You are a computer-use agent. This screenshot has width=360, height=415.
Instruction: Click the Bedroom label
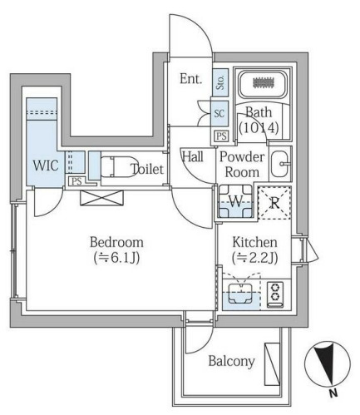[x=116, y=242]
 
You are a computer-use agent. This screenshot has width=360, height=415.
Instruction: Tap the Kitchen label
[x=254, y=242]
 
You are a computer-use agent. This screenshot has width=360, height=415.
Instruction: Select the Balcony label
[x=231, y=361]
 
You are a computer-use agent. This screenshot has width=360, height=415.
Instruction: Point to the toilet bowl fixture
[x=120, y=167]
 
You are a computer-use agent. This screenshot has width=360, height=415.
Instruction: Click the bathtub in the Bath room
[x=263, y=83]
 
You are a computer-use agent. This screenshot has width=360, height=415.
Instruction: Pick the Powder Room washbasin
[x=280, y=164]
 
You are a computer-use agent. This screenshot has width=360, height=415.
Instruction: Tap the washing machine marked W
[x=235, y=201]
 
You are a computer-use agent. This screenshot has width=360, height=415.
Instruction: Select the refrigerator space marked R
[x=274, y=203]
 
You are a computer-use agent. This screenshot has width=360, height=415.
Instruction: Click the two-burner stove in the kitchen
[x=275, y=294]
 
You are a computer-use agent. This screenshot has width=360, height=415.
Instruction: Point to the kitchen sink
[x=240, y=294]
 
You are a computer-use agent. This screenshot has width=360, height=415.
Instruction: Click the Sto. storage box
[x=220, y=82]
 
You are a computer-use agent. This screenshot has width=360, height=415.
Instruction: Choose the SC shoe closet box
[x=219, y=113]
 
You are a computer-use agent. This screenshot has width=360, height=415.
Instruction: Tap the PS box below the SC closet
[x=221, y=136]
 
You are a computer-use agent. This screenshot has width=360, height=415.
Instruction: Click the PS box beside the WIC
[x=76, y=181]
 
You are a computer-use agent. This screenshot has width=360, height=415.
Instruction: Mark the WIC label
[x=46, y=166]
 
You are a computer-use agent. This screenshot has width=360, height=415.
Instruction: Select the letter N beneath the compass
[x=333, y=393]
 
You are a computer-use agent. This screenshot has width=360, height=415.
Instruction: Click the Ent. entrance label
[x=191, y=79]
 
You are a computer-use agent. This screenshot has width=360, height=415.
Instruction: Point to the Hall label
[x=193, y=156]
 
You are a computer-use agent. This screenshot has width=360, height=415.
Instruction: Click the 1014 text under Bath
[x=259, y=128]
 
